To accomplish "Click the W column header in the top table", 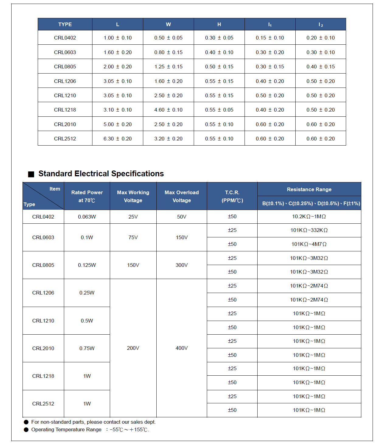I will [168, 24].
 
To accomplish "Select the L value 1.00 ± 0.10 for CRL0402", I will [117, 38].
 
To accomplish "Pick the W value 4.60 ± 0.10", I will [168, 110].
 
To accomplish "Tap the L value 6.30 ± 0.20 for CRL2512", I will [117, 139].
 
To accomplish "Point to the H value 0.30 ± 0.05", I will [219, 38].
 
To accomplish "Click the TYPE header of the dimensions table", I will [65, 24].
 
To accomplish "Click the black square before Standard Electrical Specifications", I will [31, 174].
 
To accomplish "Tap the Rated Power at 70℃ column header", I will [87, 196].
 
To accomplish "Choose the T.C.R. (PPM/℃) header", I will [232, 196].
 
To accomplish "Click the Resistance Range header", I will [309, 189].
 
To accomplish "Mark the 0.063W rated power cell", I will [87, 217].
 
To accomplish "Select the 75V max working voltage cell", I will [133, 237].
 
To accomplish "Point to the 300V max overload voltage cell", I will [182, 265].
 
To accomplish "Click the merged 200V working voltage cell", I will [133, 348].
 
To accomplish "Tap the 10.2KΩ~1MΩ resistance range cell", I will [309, 216].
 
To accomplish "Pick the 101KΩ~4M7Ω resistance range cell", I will [309, 244].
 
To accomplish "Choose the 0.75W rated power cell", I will [87, 348].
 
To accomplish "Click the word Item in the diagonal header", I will [55, 189].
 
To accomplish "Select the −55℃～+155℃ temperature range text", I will [129, 430].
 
